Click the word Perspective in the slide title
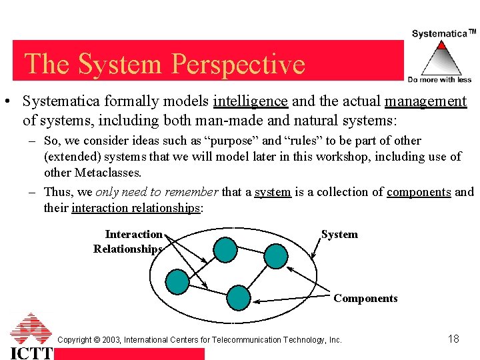(238, 64)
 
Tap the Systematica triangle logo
(440, 59)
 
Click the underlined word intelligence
(250, 101)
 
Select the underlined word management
(425, 101)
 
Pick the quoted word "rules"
(307, 141)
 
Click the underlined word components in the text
(419, 192)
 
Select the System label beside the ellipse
(339, 235)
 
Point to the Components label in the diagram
(365, 299)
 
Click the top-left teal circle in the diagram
(225, 249)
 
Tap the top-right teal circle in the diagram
(275, 255)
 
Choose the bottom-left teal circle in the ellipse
(177, 281)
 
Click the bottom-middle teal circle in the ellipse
(239, 297)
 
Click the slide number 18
(453, 339)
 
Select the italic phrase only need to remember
(157, 192)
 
